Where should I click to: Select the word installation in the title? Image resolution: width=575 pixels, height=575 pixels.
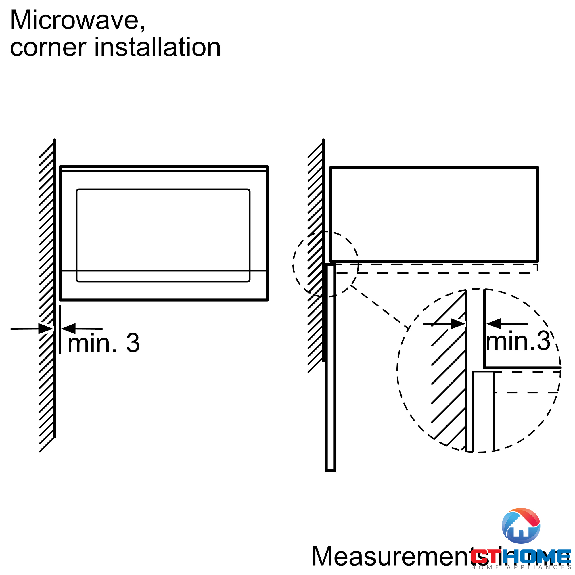pyautogui.click(x=158, y=48)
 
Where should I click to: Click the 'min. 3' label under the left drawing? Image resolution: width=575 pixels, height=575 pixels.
pyautogui.click(x=103, y=343)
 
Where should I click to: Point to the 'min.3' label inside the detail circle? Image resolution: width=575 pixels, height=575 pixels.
pyautogui.click(x=518, y=341)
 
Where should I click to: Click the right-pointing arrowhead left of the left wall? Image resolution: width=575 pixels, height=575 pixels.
pyautogui.click(x=45, y=329)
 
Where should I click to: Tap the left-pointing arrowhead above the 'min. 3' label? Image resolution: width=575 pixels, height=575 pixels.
pyautogui.click(x=68, y=329)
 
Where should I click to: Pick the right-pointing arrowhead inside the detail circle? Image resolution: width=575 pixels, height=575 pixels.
pyautogui.click(x=458, y=324)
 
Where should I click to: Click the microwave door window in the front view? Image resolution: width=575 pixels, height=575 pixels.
pyautogui.click(x=163, y=235)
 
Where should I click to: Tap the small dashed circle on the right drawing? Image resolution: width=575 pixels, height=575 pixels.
pyautogui.click(x=325, y=264)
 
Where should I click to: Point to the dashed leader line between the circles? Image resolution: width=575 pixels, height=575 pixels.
pyautogui.click(x=379, y=306)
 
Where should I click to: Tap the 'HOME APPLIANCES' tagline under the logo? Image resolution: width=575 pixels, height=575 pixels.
pyautogui.click(x=521, y=568)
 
